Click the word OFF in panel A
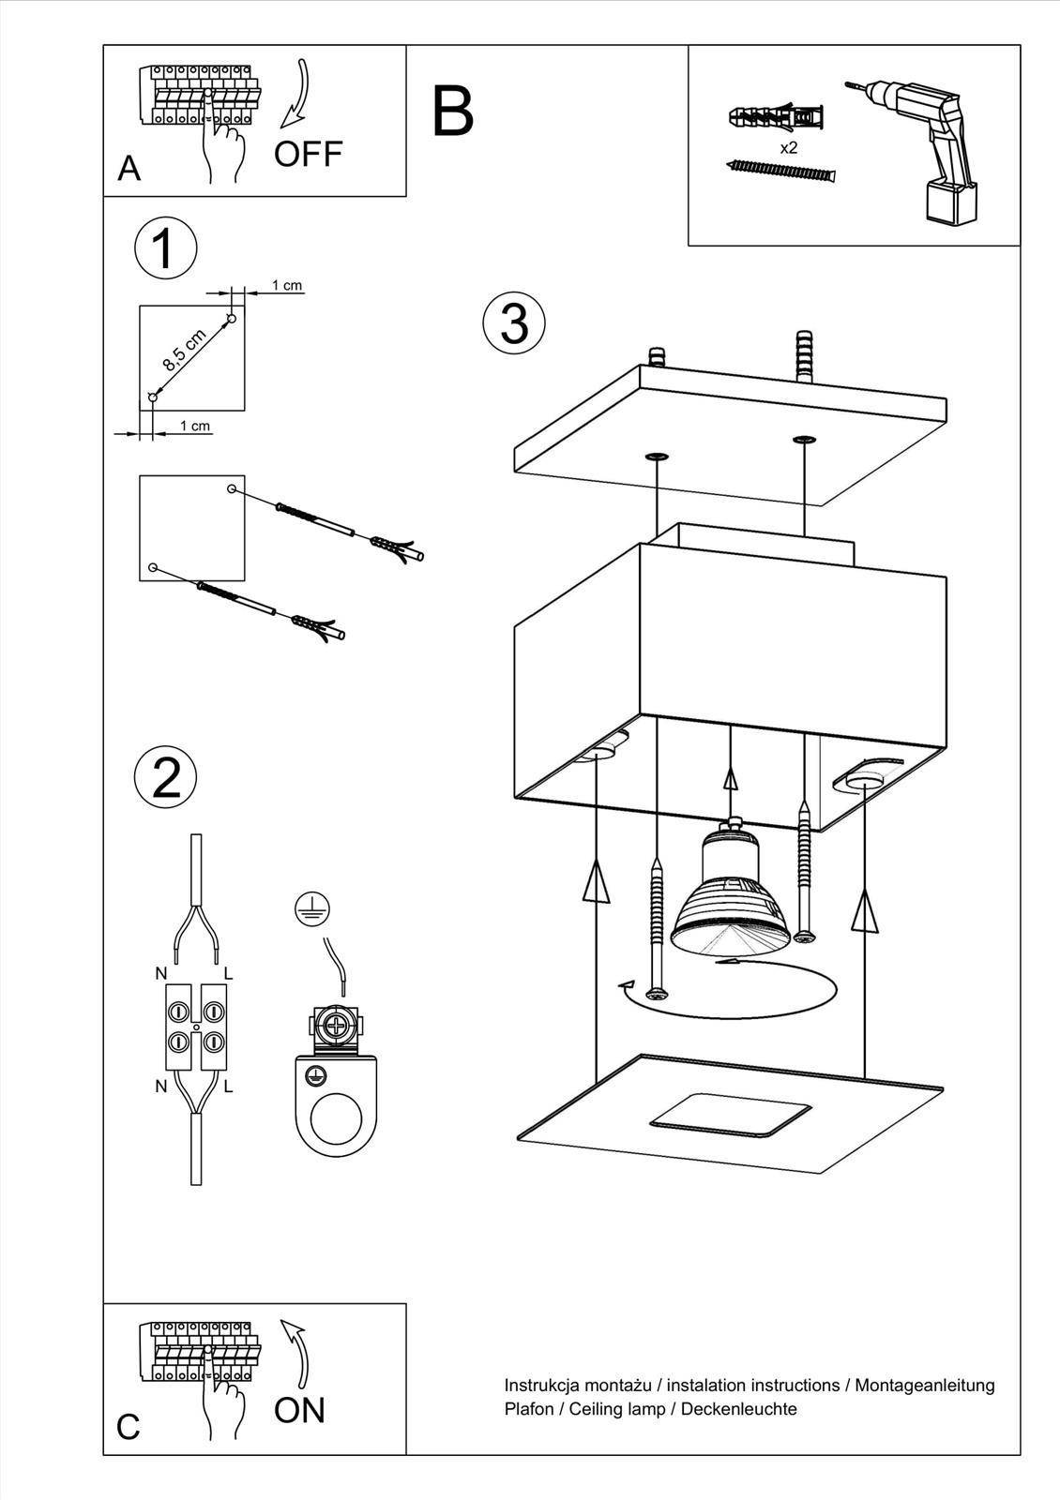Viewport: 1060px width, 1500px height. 309,154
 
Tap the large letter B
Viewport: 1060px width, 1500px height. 453,111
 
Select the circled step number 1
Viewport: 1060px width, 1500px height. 165,249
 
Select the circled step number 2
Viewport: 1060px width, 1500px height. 165,777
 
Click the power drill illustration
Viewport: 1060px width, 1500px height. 923,150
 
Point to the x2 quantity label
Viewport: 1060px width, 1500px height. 788,148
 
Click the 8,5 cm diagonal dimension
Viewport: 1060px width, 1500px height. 184,351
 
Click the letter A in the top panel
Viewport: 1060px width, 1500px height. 129,169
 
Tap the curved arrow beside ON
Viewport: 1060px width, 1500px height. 297,1351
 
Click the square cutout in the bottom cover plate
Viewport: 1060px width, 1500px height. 731,1114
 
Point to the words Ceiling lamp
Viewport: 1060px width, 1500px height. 621,1409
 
